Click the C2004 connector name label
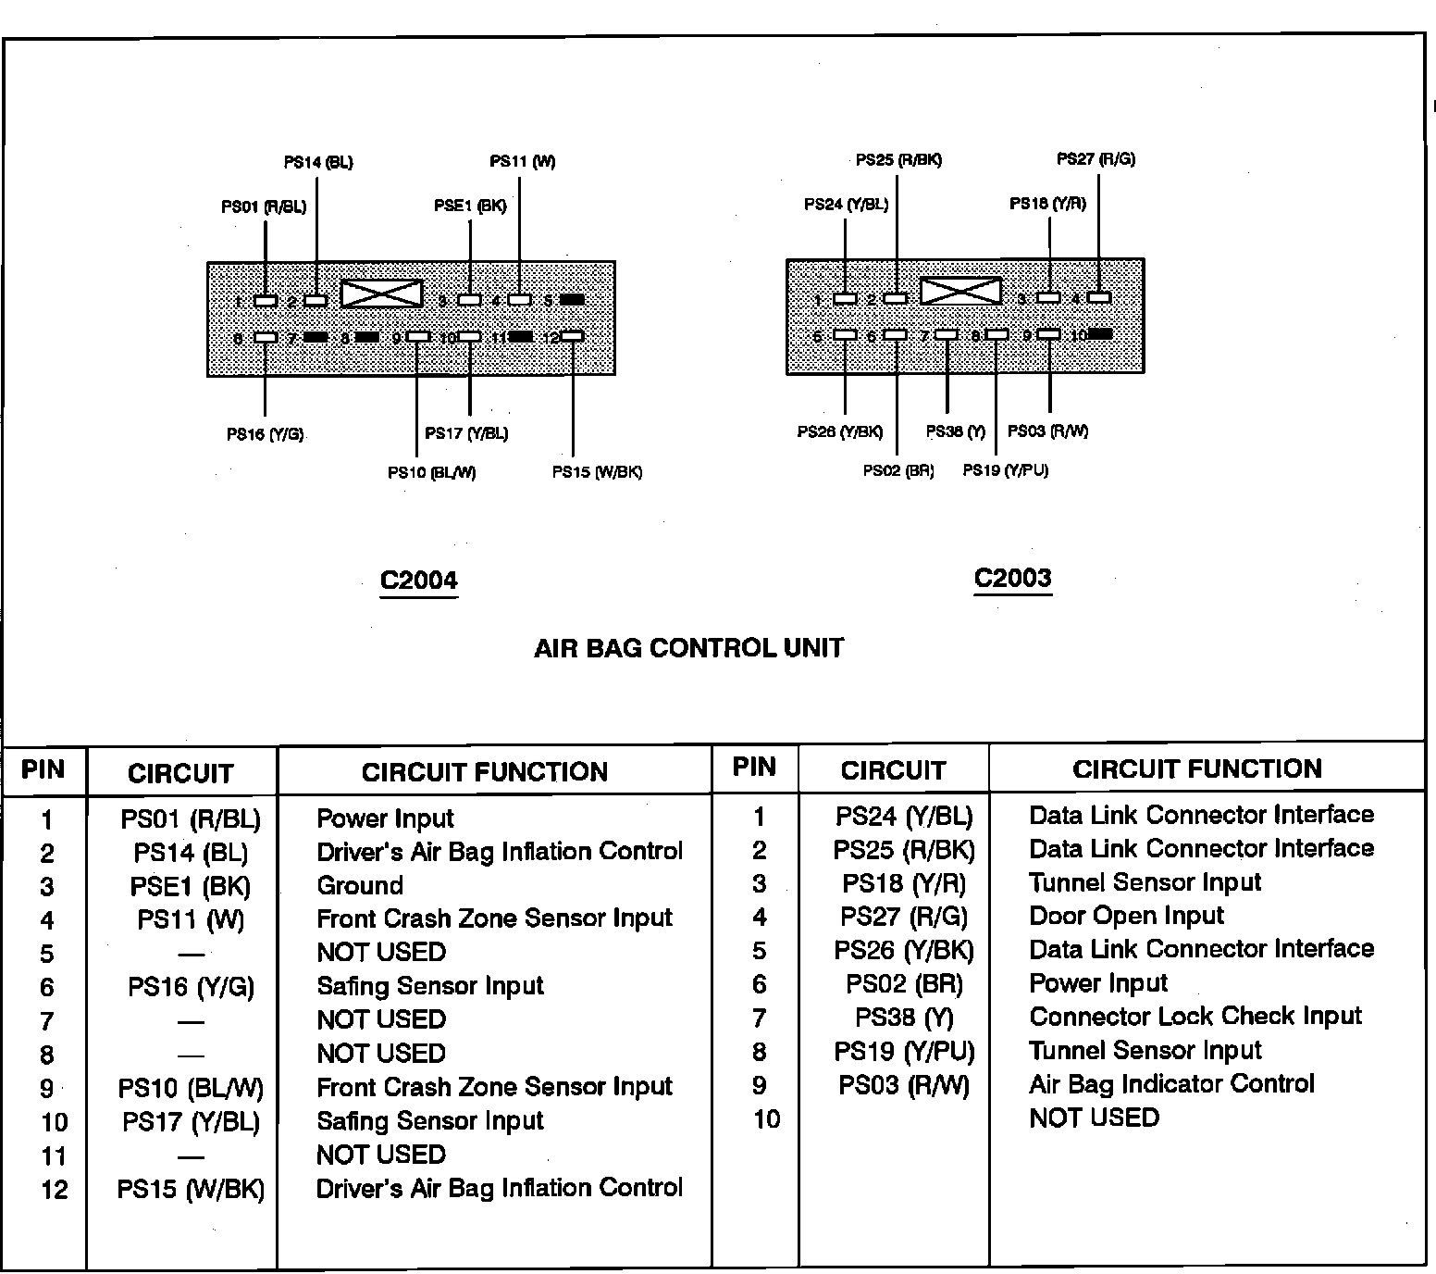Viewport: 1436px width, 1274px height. click(x=418, y=581)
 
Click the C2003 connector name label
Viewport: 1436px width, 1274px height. click(x=1012, y=578)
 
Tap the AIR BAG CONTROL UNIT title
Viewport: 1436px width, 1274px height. click(x=688, y=647)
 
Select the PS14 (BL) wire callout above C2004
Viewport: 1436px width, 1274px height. click(x=317, y=162)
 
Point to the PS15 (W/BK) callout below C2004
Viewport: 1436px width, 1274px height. click(x=597, y=471)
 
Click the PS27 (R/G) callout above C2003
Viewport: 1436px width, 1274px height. click(x=1096, y=159)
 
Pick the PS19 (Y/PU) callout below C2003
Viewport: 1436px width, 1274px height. click(x=1005, y=470)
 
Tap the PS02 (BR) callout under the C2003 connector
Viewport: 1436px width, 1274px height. click(x=897, y=470)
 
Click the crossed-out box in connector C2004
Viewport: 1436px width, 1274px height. click(x=381, y=294)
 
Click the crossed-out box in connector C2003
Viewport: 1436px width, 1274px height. click(x=961, y=292)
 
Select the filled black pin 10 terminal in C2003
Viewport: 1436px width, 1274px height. click(x=1100, y=333)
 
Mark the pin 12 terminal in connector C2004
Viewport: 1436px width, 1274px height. click(x=573, y=336)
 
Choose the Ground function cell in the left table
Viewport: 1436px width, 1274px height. click(x=360, y=885)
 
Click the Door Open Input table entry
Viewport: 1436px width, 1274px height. click(x=1126, y=916)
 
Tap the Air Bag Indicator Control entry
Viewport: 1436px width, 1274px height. click(x=1171, y=1084)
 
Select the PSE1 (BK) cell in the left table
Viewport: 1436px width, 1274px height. click(x=190, y=886)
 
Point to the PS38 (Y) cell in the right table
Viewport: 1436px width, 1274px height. click(x=903, y=1018)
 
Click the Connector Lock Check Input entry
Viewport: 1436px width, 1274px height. click(x=1195, y=1017)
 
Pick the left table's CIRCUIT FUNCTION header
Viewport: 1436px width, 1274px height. click(x=484, y=772)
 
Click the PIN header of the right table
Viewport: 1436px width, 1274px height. click(x=753, y=767)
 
